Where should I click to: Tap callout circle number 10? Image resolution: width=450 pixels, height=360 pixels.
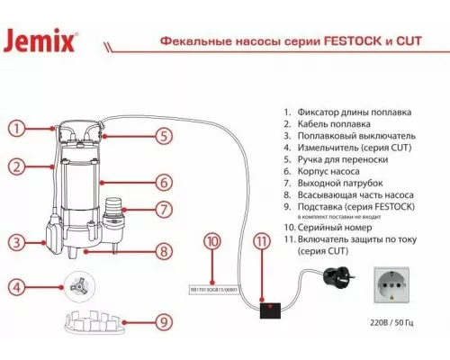click(211, 241)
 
